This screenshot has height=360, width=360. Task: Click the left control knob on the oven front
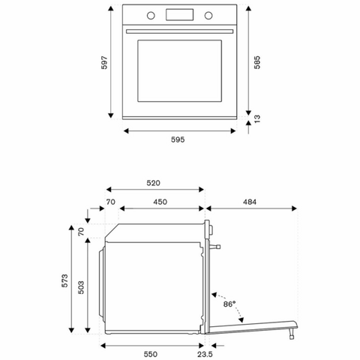[151, 16]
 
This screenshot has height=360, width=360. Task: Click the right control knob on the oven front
[208, 16]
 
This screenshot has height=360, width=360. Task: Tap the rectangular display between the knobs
[179, 15]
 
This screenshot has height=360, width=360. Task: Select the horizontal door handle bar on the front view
[179, 31]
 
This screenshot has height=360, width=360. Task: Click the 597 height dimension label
[104, 62]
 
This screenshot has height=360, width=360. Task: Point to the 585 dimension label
[257, 62]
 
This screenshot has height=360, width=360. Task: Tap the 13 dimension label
[257, 118]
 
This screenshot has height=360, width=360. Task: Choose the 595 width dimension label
[178, 139]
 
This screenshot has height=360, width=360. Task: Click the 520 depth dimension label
[153, 183]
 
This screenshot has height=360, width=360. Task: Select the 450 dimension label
[160, 202]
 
